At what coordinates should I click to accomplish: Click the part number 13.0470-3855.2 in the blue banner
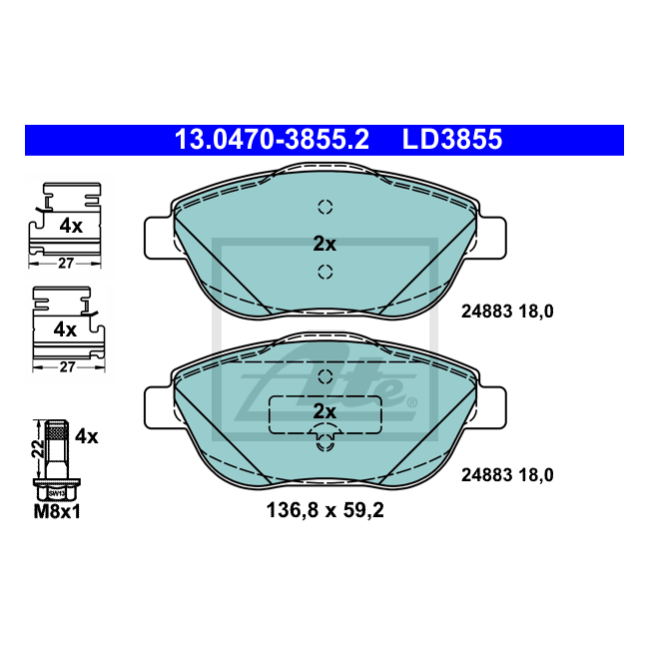[x=272, y=140]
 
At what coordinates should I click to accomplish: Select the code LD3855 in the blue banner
[x=452, y=140]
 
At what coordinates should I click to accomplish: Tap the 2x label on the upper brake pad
[x=324, y=244]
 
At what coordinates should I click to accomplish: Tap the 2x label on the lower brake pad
[x=324, y=411]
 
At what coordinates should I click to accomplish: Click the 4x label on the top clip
[x=71, y=226]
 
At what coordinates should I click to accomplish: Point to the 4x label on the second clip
[x=65, y=329]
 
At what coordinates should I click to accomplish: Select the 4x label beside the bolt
[x=87, y=436]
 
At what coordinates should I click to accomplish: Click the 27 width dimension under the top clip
[x=66, y=264]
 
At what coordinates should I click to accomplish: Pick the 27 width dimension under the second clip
[x=67, y=367]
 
